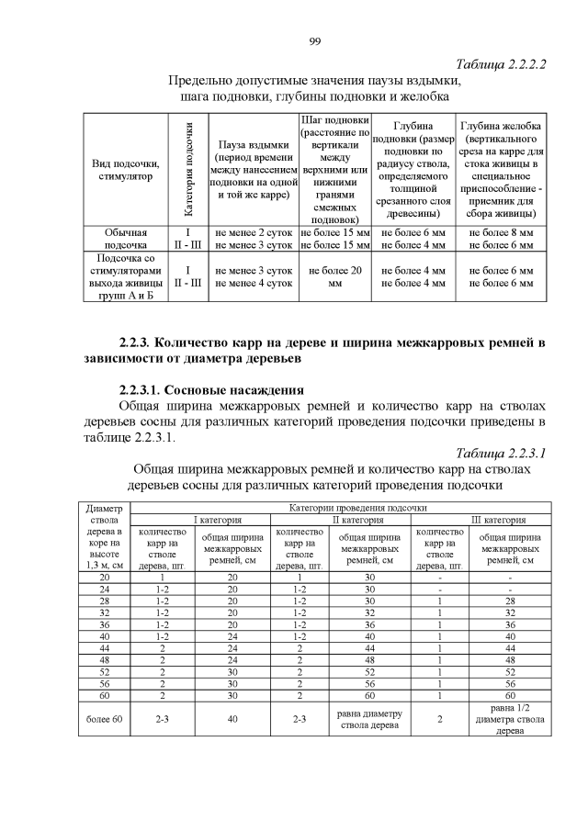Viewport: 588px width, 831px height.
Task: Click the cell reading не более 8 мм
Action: coord(501,233)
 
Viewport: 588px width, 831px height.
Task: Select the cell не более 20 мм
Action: coord(335,277)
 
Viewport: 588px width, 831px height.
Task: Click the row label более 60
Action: coord(104,717)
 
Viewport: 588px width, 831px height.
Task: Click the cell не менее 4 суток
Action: coord(254,284)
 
